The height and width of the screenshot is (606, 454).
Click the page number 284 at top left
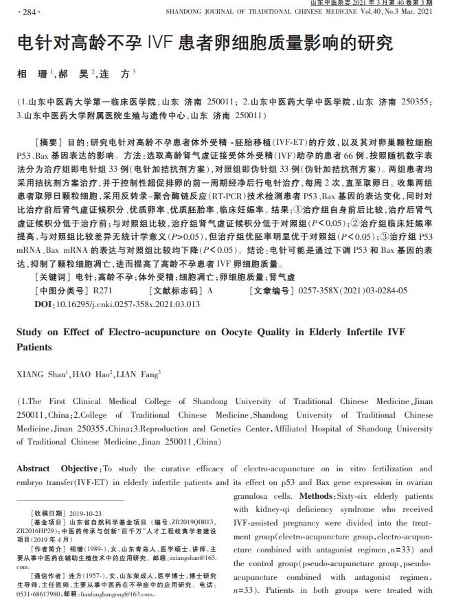pos(32,12)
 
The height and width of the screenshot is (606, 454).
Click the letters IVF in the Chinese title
pos(161,43)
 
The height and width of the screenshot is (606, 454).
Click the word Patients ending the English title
pos(34,348)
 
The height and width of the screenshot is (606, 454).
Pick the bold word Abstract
pos(33,469)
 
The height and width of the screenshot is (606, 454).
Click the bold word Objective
pos(80,469)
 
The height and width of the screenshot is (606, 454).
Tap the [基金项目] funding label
pos(48,523)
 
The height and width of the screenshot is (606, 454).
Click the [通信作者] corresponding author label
pos(48,576)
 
